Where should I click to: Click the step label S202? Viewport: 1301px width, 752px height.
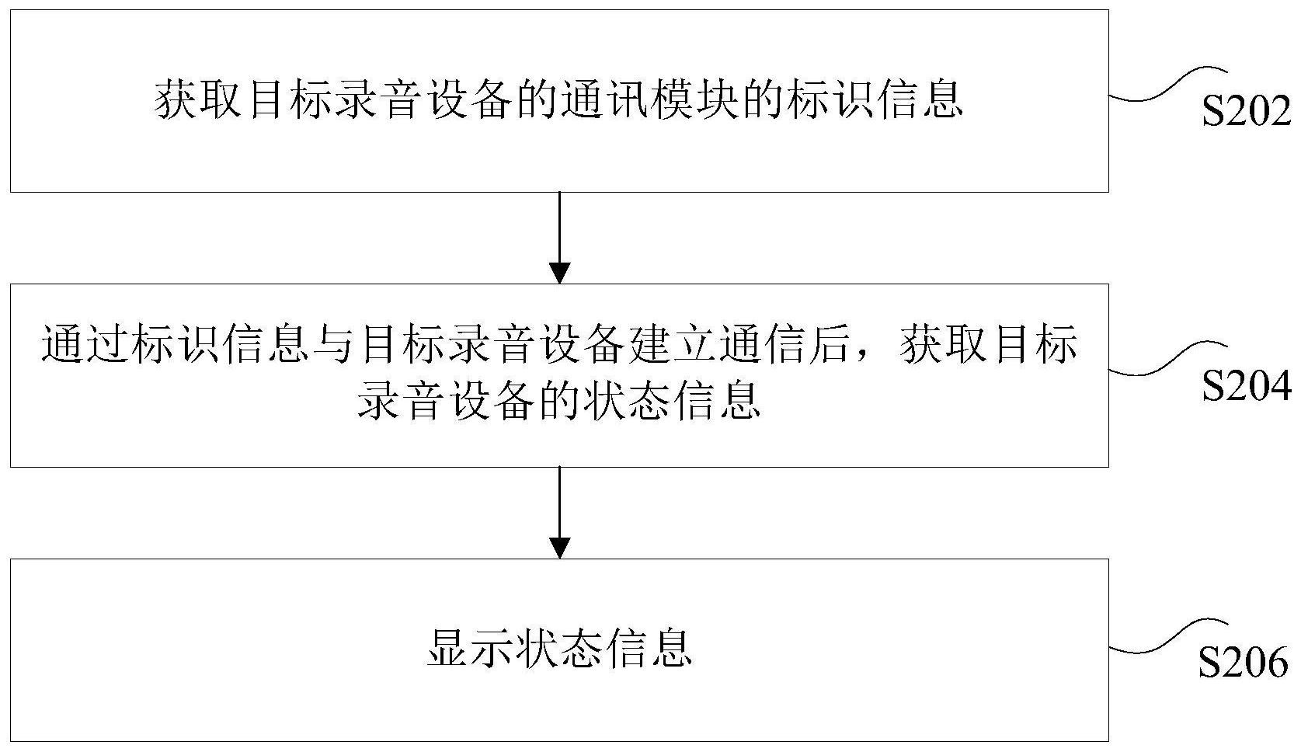[x=1246, y=111]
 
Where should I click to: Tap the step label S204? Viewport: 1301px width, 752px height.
[x=1246, y=385]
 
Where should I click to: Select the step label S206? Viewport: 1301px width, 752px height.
[x=1244, y=663]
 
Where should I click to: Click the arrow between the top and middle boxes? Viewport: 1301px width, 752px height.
[x=559, y=238]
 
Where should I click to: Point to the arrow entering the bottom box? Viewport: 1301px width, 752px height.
[x=559, y=513]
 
